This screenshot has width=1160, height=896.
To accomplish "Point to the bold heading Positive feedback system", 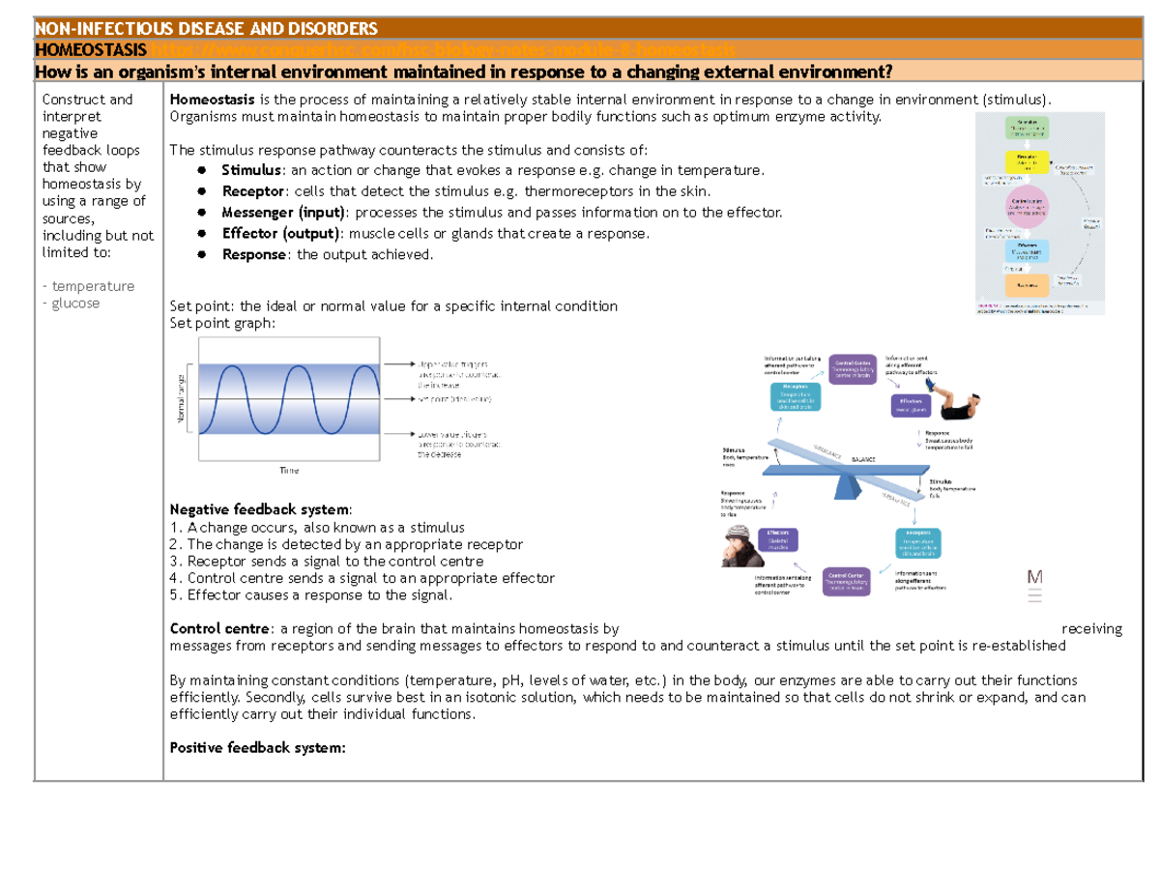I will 256,747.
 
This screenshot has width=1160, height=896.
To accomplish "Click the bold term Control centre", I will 220,629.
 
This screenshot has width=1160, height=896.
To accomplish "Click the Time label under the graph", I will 289,470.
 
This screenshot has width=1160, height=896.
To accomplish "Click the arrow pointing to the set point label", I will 398,398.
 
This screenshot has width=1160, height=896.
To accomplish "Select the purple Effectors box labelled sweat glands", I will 910,406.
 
